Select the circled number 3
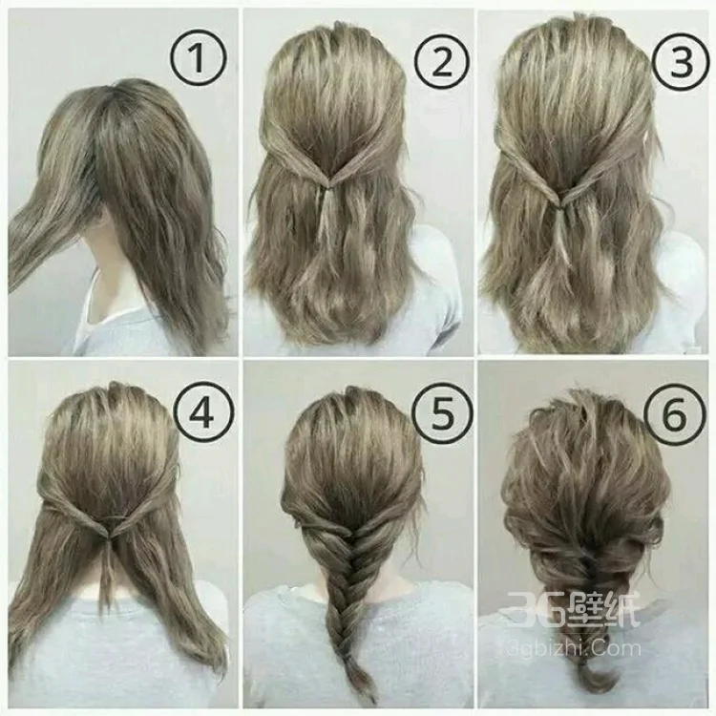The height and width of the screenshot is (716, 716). coord(680,61)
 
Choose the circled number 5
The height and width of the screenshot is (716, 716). coord(441,414)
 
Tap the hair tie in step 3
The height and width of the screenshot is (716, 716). coord(561,208)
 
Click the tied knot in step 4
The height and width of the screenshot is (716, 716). coord(108,533)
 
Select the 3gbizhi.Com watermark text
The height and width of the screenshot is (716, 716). coord(574,648)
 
